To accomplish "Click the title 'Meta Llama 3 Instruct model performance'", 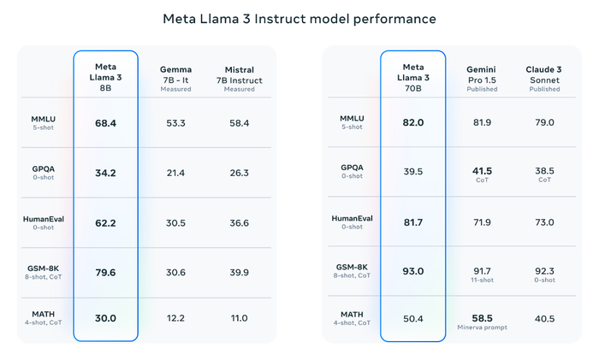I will coord(299,18).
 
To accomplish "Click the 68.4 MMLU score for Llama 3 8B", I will coord(105,123).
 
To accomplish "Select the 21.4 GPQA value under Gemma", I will coord(175,174).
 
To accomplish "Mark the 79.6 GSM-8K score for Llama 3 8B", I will coord(105,273).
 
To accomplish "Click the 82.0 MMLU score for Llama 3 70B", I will coord(412,123).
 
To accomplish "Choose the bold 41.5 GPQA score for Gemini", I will coord(482,170).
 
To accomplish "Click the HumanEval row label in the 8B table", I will coord(44,219).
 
